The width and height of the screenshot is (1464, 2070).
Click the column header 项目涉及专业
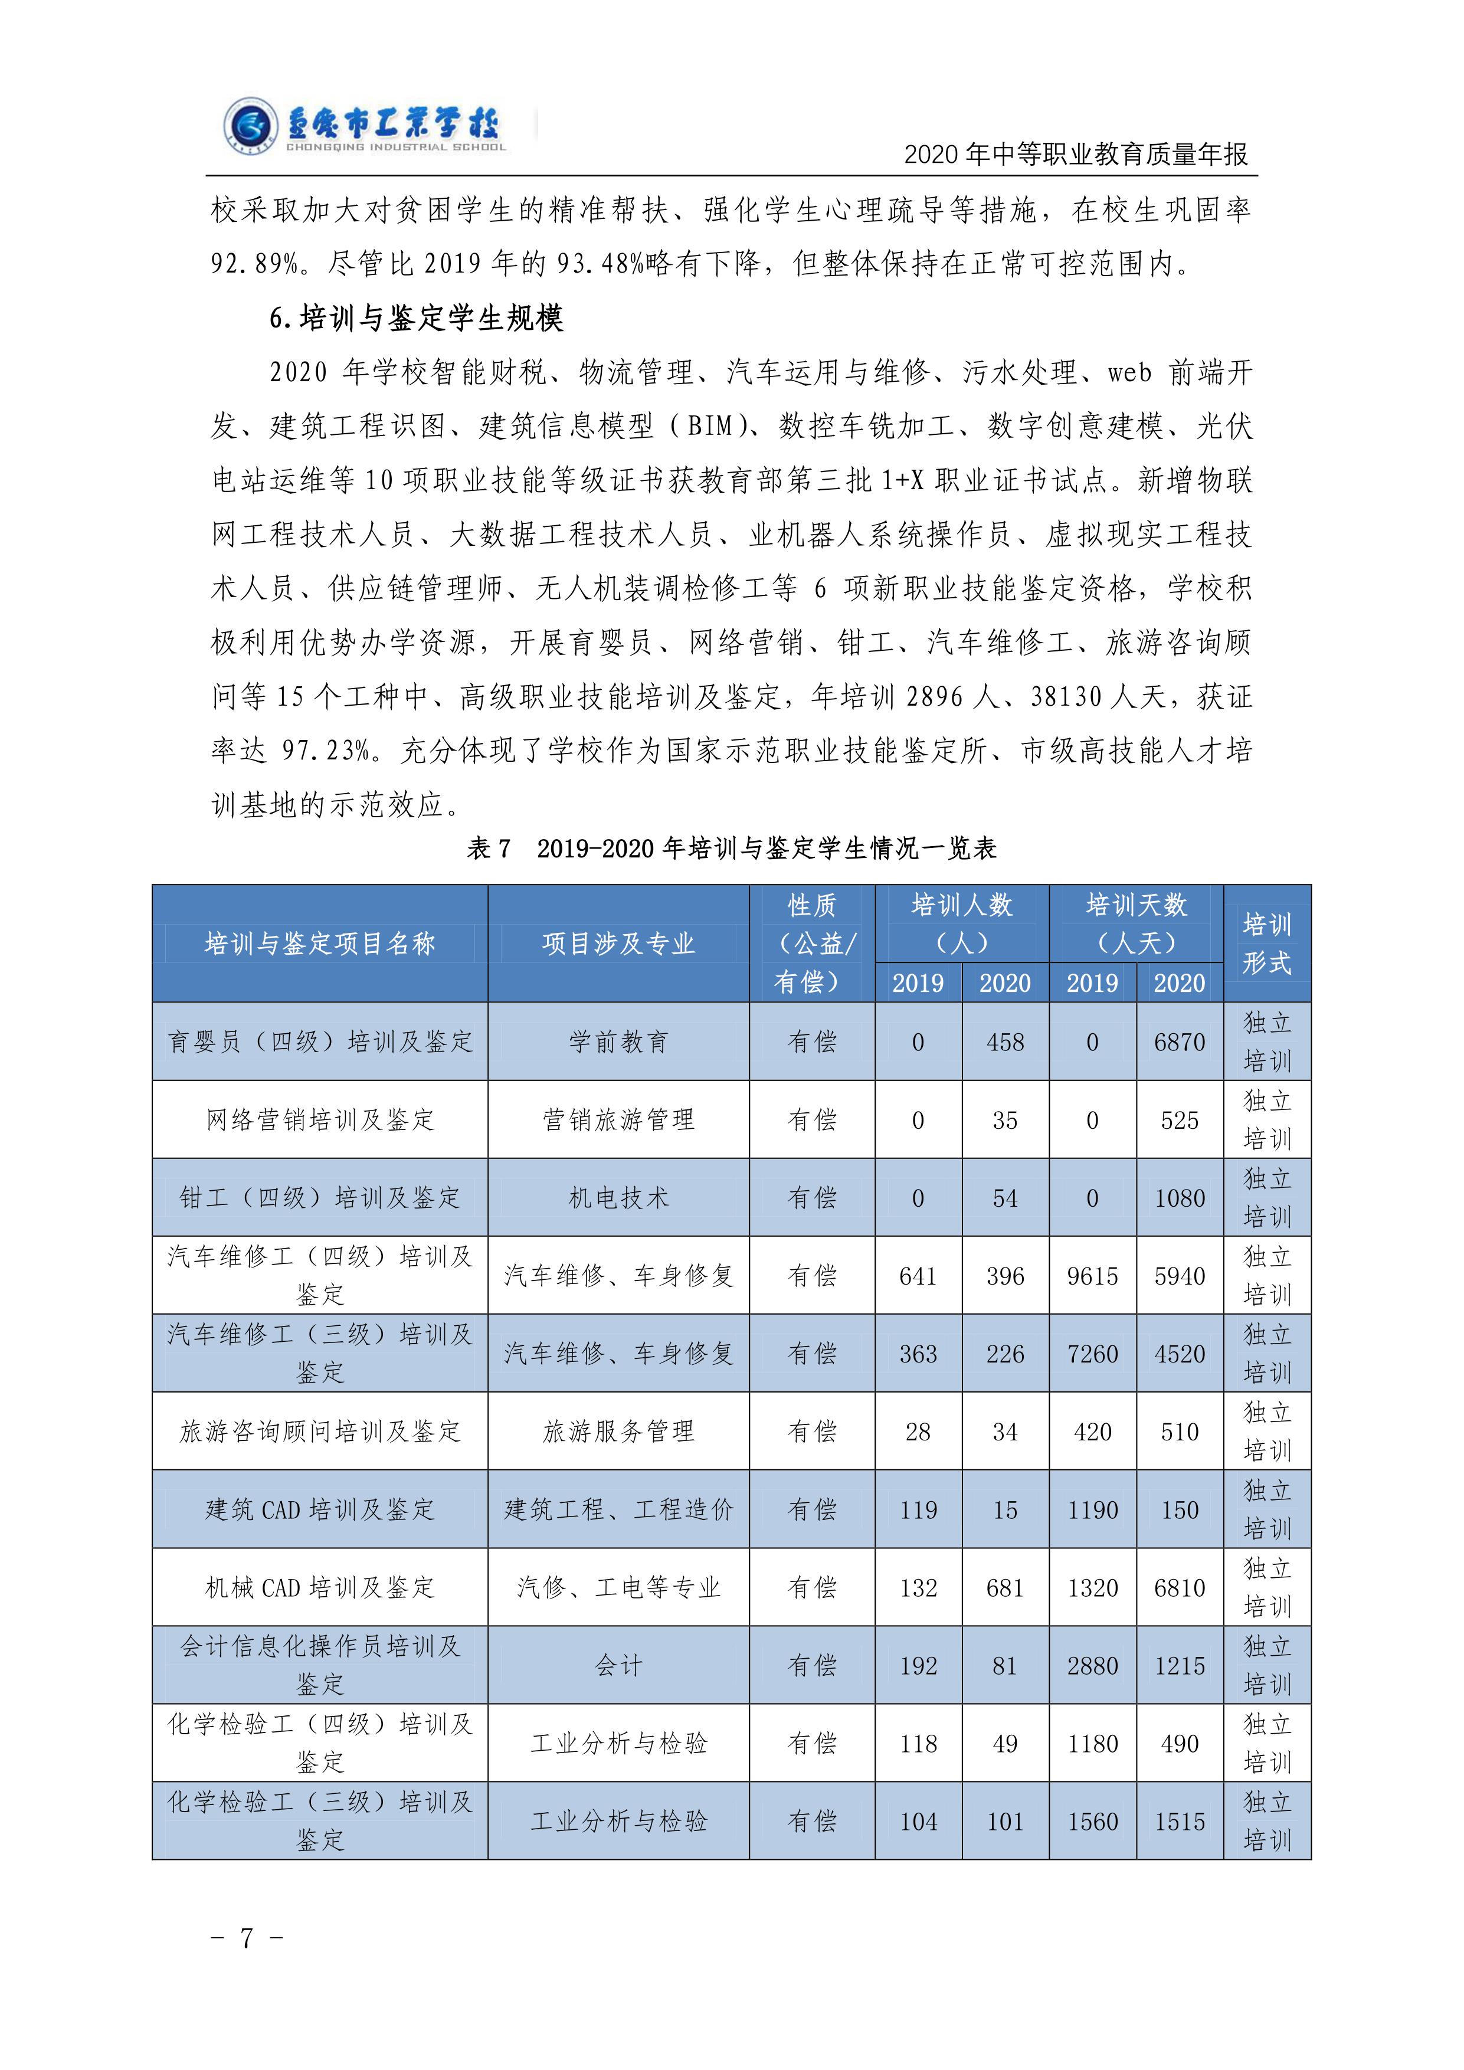point(618,943)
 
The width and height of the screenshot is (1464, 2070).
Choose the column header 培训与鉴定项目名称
point(320,943)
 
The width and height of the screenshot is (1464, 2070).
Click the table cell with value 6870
point(1179,1042)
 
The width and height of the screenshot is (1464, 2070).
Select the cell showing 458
point(1005,1042)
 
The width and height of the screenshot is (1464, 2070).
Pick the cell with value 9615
point(1093,1276)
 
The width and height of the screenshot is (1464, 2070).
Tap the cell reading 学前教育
point(618,1042)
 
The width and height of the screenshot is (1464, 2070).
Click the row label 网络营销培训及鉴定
point(320,1120)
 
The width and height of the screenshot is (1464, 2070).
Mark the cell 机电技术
point(618,1198)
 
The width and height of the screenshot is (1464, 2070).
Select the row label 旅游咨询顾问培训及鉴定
point(320,1432)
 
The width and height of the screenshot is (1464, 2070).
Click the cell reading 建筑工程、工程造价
point(618,1509)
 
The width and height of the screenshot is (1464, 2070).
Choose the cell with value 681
point(1005,1588)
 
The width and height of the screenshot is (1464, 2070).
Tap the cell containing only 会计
point(618,1665)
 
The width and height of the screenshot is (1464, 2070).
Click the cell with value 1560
point(1093,1821)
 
